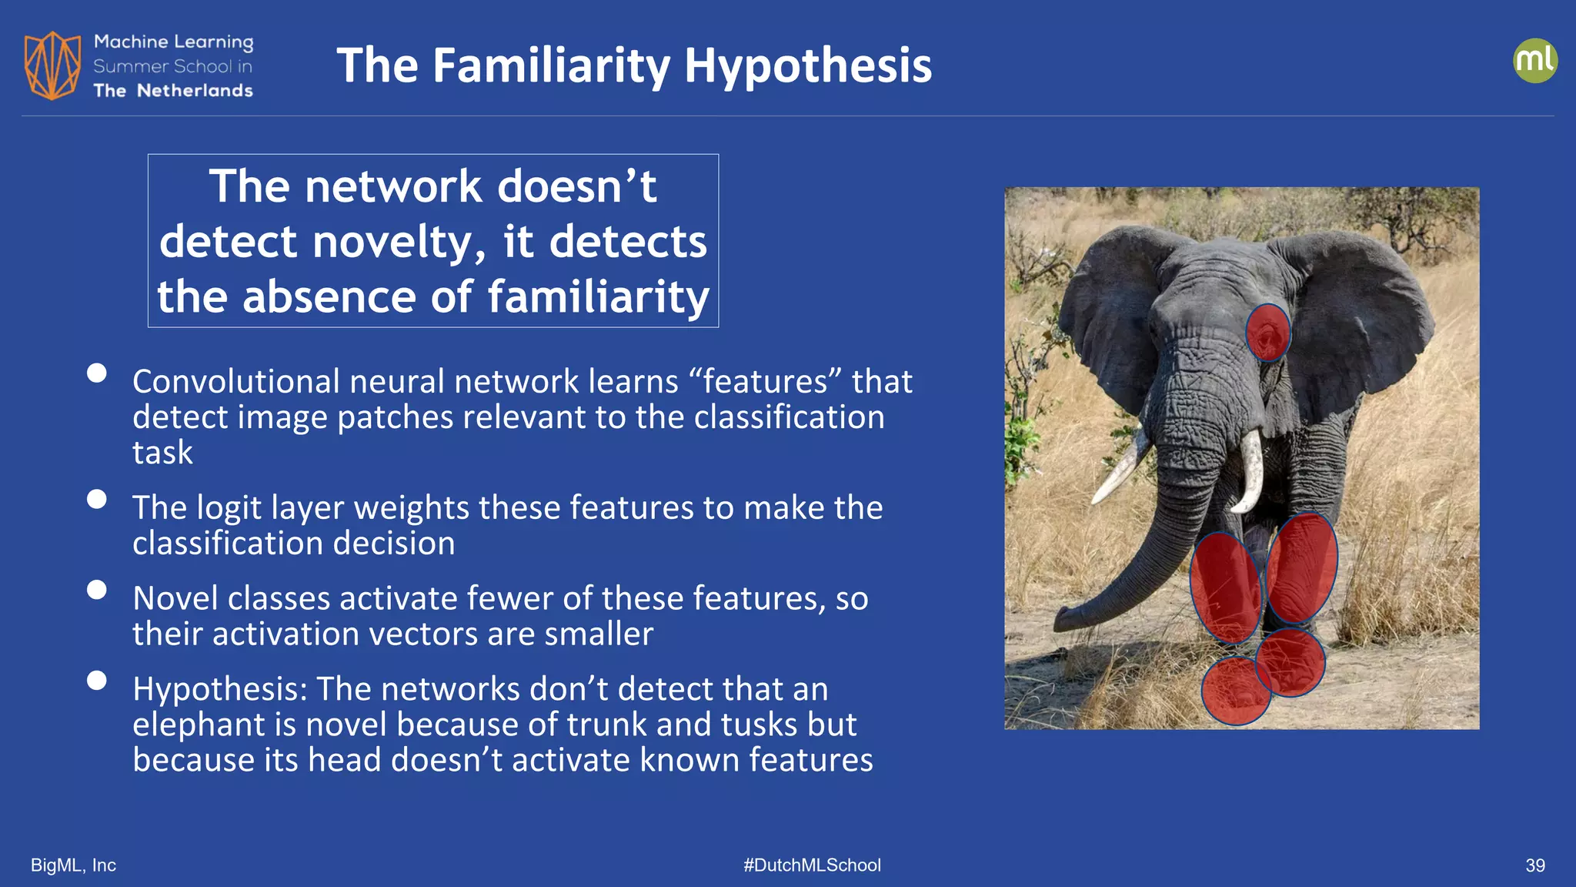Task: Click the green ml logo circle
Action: (x=1534, y=61)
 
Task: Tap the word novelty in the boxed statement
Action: (x=399, y=242)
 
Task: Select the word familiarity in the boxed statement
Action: (x=598, y=297)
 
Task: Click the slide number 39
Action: (x=1534, y=865)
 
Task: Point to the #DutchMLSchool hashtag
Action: (x=812, y=865)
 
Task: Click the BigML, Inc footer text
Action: (x=73, y=865)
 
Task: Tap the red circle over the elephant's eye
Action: (x=1267, y=333)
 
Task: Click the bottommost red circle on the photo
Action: (x=1235, y=691)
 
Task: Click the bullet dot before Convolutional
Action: (x=97, y=373)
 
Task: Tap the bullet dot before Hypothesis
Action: (x=97, y=681)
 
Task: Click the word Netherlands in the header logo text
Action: (x=195, y=91)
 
